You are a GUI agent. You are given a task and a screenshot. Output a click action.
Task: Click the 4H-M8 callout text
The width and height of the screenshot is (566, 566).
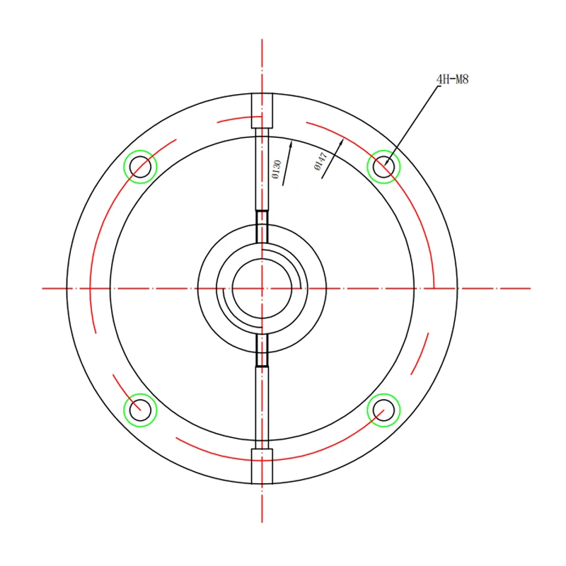[452, 79]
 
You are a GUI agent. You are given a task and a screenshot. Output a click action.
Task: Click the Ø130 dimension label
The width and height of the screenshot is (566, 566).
[277, 169]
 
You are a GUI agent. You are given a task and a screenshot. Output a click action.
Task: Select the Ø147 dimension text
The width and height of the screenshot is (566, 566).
[320, 161]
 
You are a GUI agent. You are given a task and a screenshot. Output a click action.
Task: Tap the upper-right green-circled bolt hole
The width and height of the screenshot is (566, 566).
[383, 167]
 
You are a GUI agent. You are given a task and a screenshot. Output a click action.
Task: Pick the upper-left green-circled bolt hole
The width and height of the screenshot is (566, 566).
[140, 167]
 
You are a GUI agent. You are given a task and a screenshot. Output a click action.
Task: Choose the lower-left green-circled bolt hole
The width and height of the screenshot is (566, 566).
[140, 410]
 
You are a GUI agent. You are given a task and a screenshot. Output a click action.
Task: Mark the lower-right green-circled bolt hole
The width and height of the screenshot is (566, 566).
[383, 410]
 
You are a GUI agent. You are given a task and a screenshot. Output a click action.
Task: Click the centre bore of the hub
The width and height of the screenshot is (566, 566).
[262, 289]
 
